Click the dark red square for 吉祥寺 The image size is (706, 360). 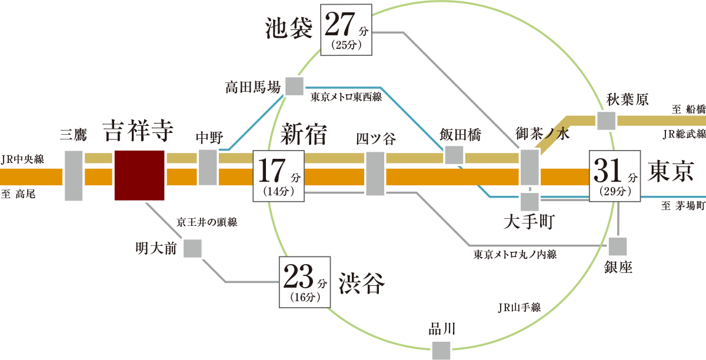139,175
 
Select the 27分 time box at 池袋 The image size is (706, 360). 346,29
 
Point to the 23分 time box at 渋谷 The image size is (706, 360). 304,282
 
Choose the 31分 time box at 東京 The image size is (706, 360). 615,176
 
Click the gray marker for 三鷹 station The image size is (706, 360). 74,176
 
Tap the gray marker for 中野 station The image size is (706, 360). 208,168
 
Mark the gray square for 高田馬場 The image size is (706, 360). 294,86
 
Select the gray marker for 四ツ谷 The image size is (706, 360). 375,173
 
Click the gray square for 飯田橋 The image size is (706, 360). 454,155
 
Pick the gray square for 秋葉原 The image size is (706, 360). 606,121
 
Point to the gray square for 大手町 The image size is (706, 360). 529,202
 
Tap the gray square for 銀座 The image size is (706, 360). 618,246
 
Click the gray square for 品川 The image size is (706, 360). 441,349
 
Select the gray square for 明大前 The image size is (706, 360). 192,248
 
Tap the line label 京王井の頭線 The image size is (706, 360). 207,223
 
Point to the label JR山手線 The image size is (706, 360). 519,308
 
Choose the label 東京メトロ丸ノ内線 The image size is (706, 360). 515,255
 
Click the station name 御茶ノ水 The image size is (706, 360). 543,134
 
